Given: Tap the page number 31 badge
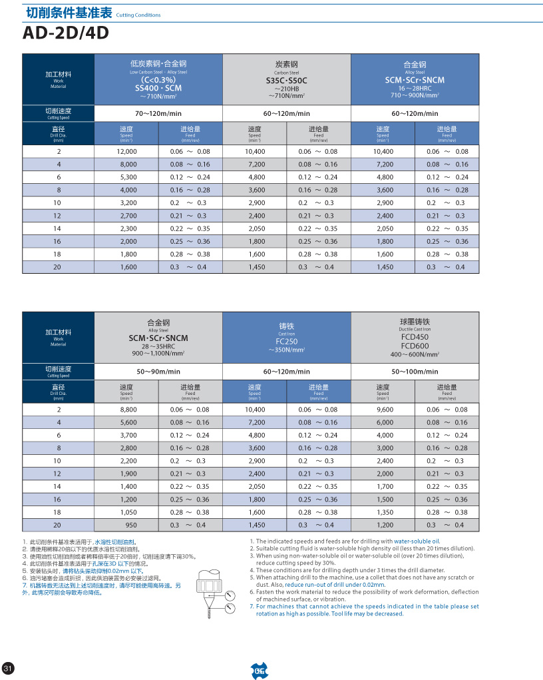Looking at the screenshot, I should pyautogui.click(x=8, y=668).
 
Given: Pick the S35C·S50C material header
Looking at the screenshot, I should pyautogui.click(x=287, y=80).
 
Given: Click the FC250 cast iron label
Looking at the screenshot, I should pyautogui.click(x=287, y=341).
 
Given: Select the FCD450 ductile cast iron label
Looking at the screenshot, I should pyautogui.click(x=415, y=337).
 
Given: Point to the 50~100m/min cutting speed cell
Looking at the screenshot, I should pyautogui.click(x=415, y=372).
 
